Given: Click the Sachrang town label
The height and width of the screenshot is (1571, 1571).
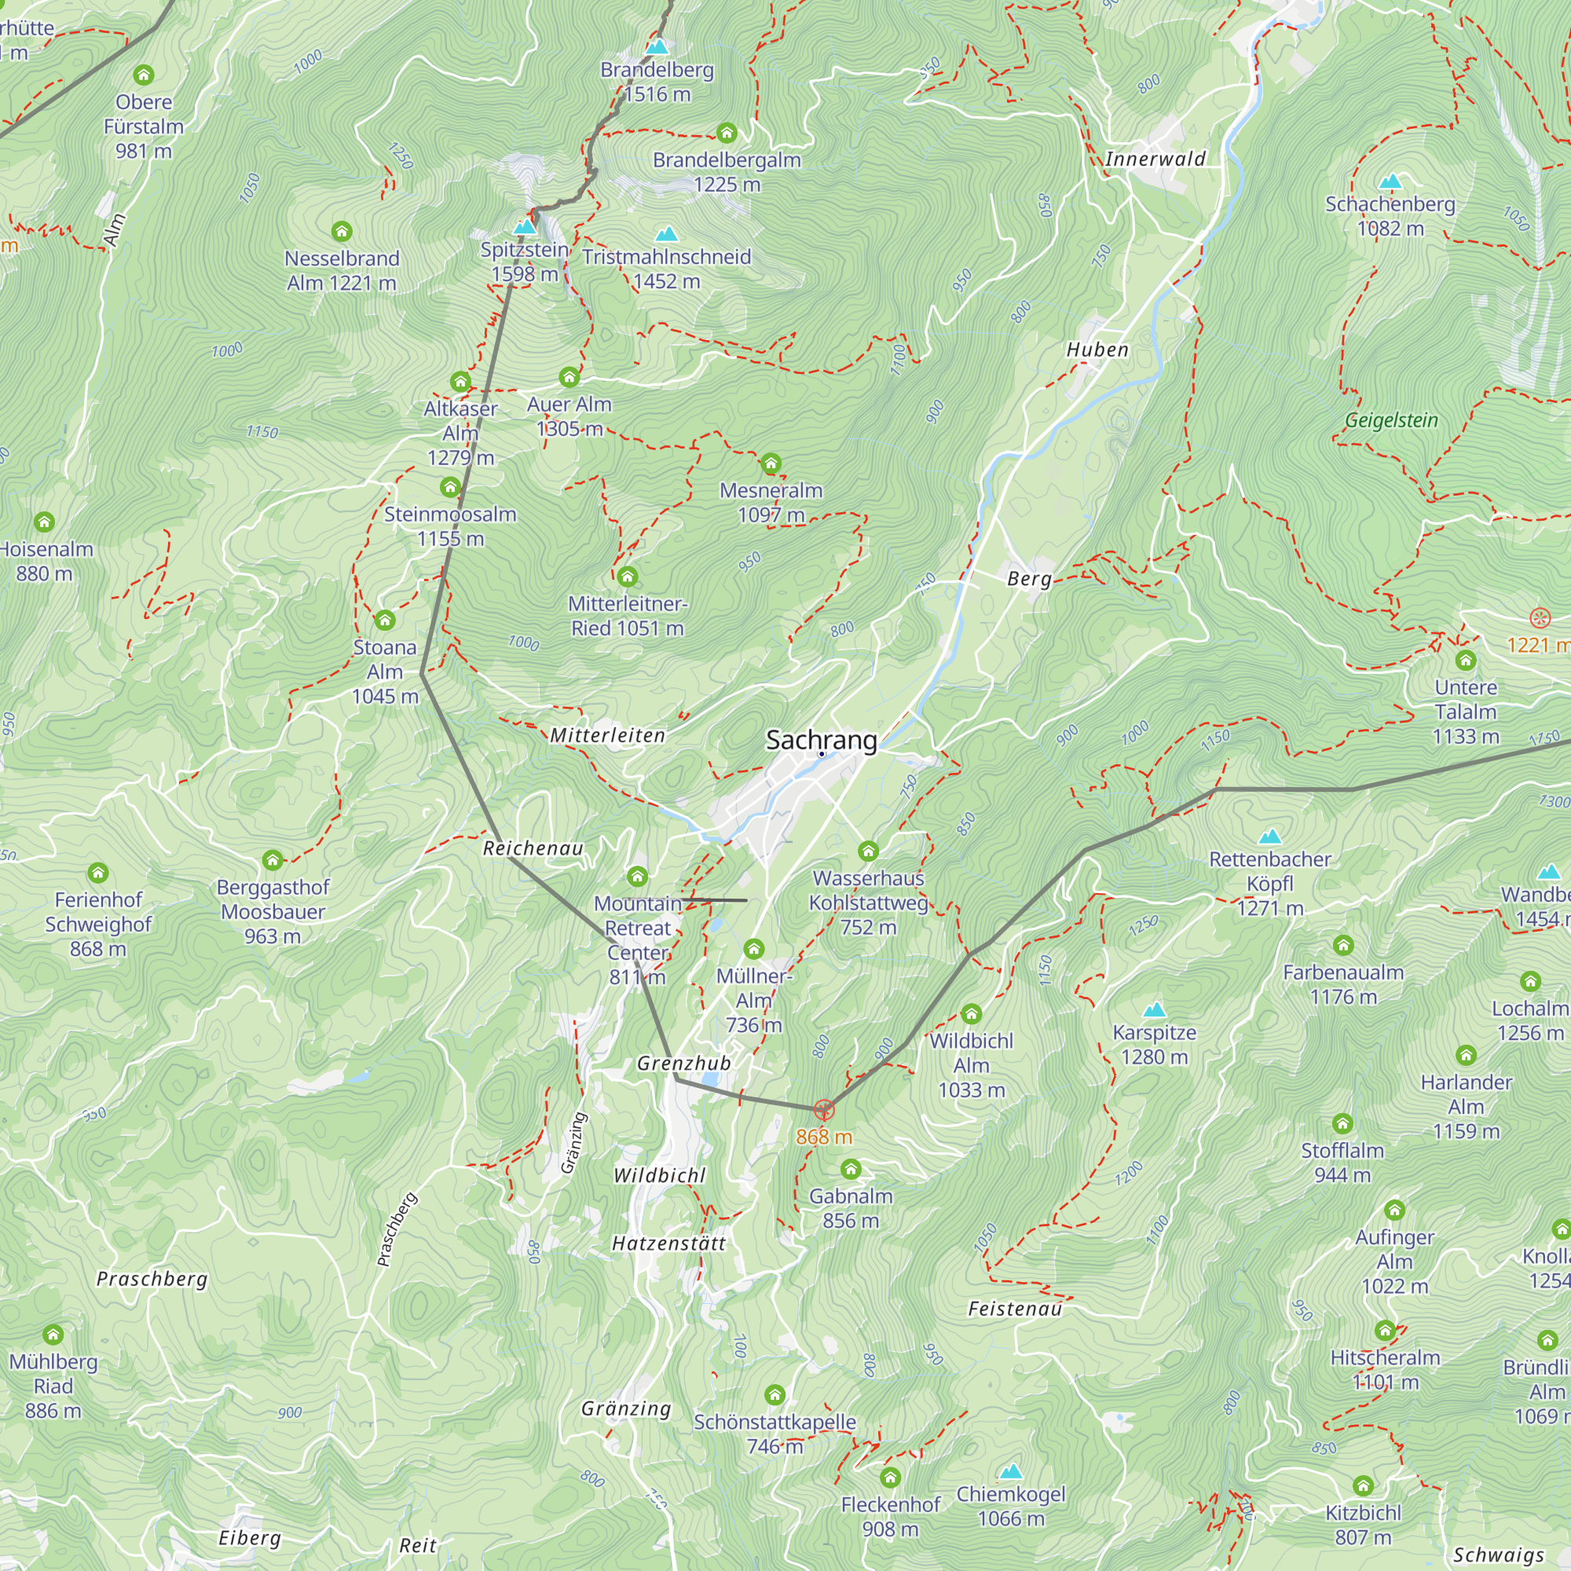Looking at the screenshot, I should [822, 740].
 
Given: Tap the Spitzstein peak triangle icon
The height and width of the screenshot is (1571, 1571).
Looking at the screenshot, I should [525, 226].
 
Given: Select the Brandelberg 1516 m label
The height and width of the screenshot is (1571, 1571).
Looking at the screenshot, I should [657, 82].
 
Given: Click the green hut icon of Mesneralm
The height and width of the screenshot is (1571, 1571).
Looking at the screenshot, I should [771, 464].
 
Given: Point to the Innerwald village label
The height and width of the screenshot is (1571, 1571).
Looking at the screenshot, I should [1155, 159].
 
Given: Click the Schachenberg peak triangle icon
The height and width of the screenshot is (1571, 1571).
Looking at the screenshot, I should [1391, 181].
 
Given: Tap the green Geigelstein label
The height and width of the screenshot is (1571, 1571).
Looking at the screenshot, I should [1391, 420].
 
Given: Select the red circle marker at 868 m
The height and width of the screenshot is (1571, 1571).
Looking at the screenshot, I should [824, 1110].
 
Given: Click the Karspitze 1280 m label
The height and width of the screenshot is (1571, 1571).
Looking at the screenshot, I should [1154, 1045].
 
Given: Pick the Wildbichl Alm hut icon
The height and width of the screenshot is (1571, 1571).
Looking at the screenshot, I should [972, 1014].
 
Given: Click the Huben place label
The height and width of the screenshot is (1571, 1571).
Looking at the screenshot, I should [1097, 350].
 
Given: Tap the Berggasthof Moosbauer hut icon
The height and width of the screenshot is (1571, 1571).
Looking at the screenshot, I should [273, 860].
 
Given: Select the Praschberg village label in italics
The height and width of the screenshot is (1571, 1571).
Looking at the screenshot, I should [152, 1279].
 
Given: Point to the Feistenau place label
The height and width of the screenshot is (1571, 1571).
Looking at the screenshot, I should [1015, 1309].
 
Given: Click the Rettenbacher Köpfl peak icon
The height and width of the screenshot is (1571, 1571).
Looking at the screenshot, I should [1270, 837].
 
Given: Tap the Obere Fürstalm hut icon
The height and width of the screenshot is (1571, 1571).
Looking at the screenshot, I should [144, 75].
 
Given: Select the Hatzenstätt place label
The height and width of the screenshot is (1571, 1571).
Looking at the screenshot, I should [668, 1243].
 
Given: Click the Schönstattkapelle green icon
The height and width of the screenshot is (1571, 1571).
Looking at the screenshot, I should [775, 1395].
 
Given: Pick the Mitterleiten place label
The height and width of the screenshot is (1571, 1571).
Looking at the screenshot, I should [607, 736].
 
